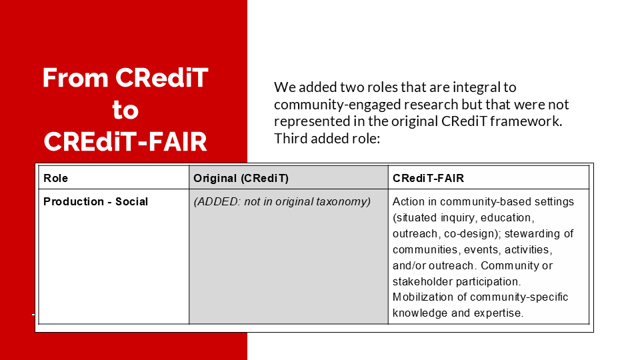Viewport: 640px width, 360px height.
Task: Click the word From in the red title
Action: pyautogui.click(x=75, y=77)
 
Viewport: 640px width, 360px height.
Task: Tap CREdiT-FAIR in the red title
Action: pyautogui.click(x=125, y=141)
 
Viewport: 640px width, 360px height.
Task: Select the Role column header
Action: pyautogui.click(x=55, y=179)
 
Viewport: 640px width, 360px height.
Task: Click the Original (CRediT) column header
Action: pyautogui.click(x=241, y=179)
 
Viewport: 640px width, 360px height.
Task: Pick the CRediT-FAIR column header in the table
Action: pyautogui.click(x=428, y=179)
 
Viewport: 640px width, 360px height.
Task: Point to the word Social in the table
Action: pyautogui.click(x=131, y=201)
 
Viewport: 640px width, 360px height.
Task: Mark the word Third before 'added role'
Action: pyautogui.click(x=291, y=139)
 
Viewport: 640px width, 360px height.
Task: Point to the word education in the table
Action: pyautogui.click(x=511, y=218)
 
